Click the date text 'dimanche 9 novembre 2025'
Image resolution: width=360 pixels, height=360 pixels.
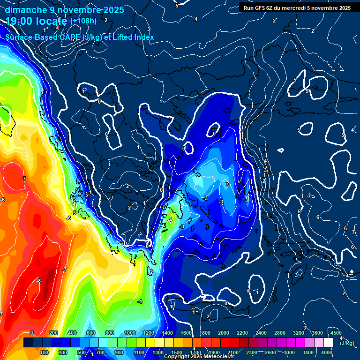(64, 10)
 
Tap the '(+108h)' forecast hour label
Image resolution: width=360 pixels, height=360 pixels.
(83, 21)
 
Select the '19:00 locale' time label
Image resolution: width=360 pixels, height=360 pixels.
(36, 21)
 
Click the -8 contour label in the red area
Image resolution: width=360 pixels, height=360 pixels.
(39, 281)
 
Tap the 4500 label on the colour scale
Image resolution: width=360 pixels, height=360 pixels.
(336, 333)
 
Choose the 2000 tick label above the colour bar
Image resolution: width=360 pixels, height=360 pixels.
(224, 333)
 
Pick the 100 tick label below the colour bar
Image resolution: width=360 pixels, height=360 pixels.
(44, 352)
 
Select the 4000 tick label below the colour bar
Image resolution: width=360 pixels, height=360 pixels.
(327, 352)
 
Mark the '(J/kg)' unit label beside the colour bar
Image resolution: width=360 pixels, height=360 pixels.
(347, 344)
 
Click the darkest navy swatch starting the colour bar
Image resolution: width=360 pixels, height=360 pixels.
(28, 343)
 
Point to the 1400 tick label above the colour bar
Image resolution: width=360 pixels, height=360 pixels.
(167, 333)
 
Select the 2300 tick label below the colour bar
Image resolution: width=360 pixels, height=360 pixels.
(252, 352)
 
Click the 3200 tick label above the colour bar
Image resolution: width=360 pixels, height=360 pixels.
(299, 333)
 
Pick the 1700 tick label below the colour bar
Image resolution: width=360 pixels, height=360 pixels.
(195, 352)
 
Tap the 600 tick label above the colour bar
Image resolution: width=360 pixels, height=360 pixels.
(91, 333)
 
